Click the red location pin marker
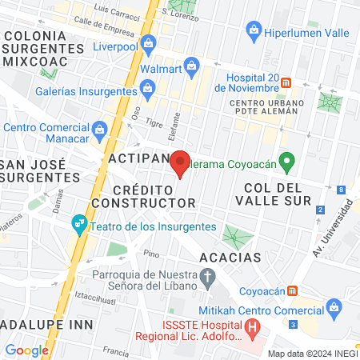180,163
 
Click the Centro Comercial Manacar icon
100,128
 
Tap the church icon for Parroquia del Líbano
209,278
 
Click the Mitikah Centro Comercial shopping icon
334,306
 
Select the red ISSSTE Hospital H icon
253,326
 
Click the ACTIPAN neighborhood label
138,158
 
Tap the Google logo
26,350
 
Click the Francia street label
116,350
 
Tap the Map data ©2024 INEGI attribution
312,354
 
